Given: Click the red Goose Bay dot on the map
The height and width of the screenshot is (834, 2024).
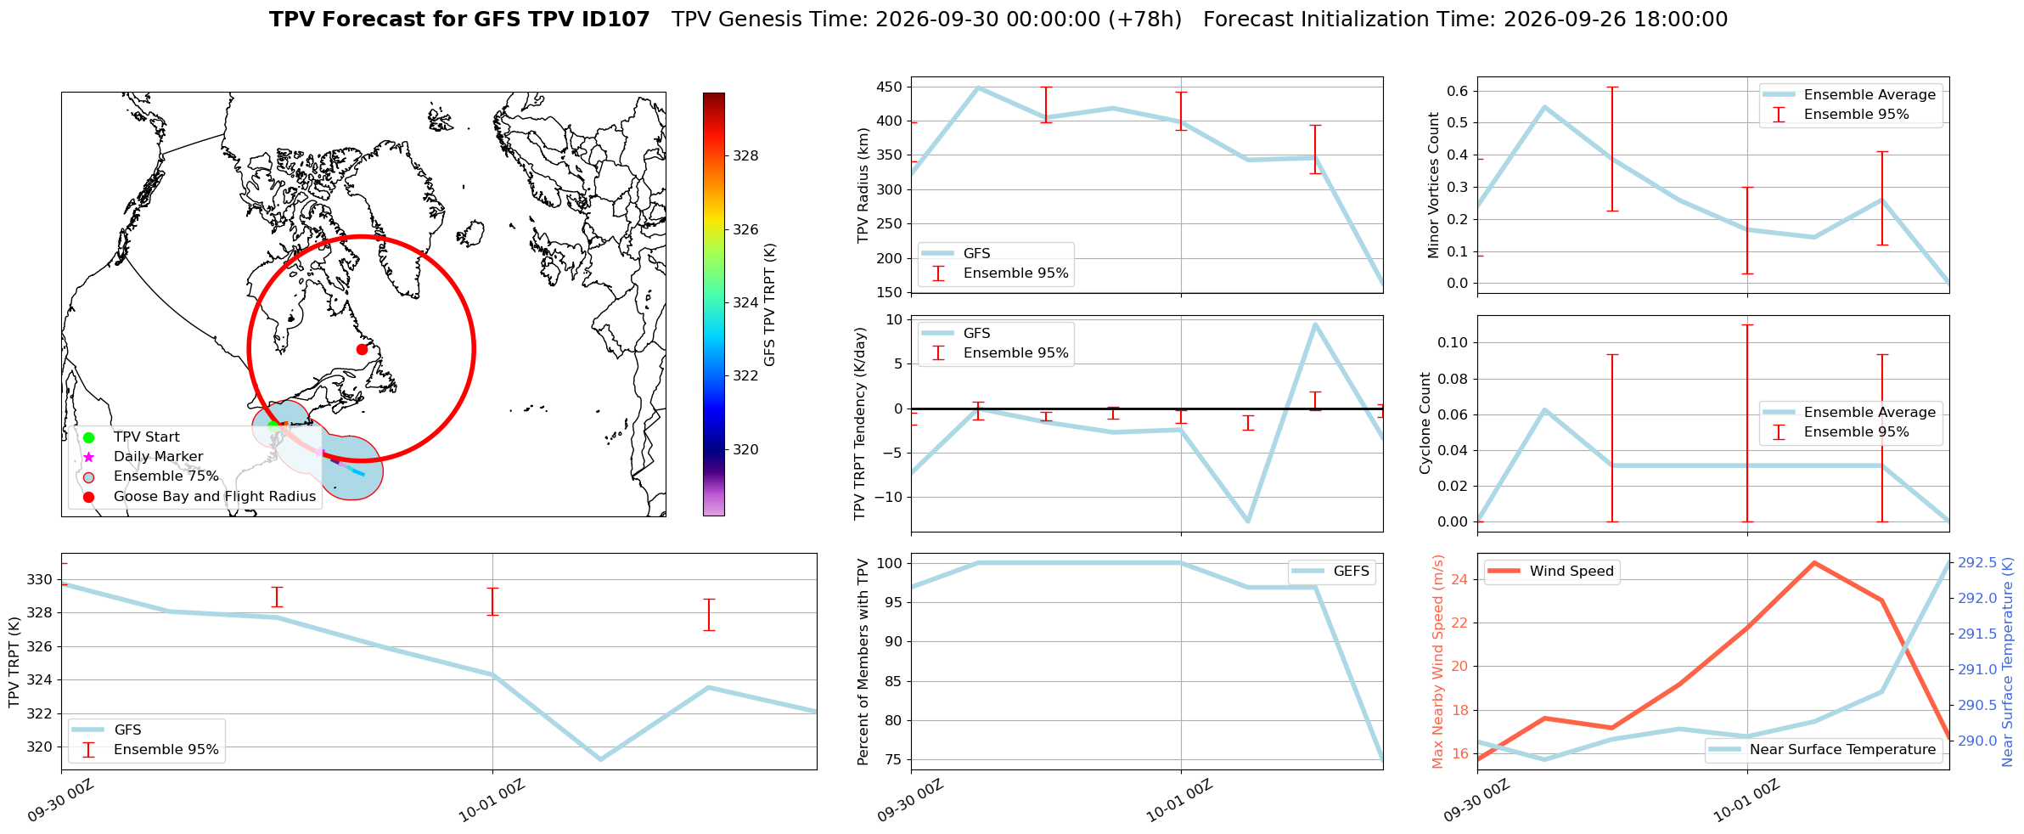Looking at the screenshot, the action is [362, 349].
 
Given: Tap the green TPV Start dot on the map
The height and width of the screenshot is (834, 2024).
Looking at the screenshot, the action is [273, 426].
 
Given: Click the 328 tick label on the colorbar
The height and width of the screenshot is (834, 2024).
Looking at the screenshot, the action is [746, 155].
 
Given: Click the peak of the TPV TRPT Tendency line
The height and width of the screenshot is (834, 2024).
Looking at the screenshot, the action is [1315, 324].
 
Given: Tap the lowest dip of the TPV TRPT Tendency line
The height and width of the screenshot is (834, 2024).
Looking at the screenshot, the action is [1248, 521].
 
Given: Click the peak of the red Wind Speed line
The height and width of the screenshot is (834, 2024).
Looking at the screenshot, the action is [1814, 562].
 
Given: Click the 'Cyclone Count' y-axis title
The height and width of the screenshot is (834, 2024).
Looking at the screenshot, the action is [1425, 423].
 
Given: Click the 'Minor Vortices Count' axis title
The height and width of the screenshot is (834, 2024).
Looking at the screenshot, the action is [1434, 184].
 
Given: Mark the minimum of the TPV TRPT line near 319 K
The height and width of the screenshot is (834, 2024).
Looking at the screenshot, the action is [600, 759].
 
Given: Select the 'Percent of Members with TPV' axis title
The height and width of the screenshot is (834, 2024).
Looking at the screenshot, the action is [863, 662].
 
